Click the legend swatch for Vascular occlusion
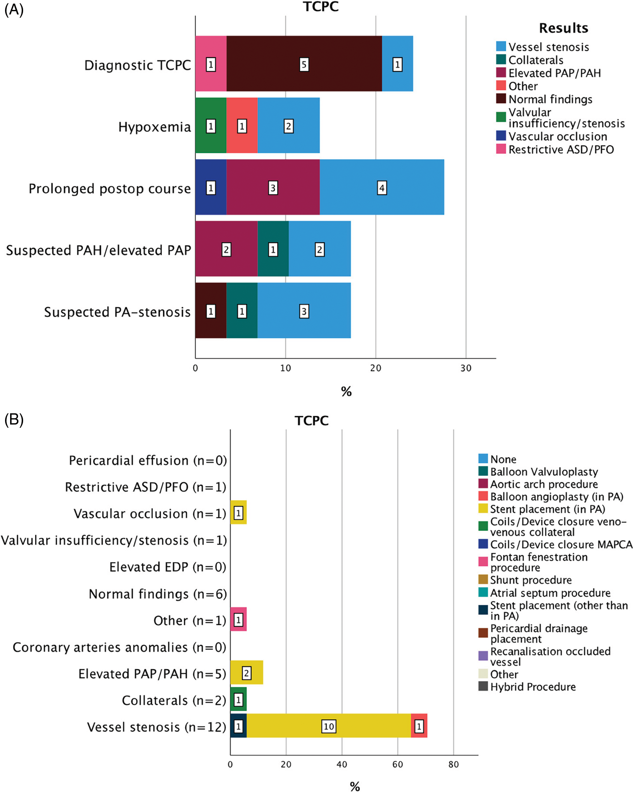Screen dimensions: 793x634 [x=501, y=136]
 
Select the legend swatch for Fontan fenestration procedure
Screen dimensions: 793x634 [x=483, y=562]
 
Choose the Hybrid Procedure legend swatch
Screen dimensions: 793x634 [x=483, y=686]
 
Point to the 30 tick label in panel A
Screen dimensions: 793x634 [x=466, y=368]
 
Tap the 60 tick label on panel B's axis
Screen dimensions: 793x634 [x=397, y=764]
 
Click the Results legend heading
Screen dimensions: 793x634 [x=564, y=28]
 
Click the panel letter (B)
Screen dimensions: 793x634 [x=14, y=420]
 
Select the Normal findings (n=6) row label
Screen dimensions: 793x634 [x=158, y=594]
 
